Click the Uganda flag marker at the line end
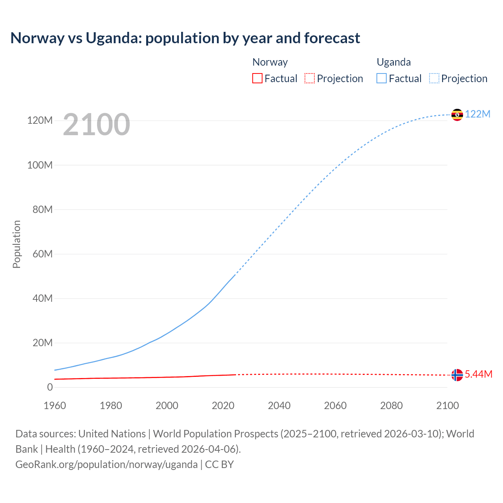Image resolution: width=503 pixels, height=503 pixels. click(457, 115)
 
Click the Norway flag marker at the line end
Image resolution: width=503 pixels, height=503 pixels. click(457, 375)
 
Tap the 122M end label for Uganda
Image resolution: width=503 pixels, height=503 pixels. click(477, 114)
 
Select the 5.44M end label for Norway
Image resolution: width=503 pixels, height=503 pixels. click(478, 374)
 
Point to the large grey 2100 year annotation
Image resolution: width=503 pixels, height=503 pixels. click(96, 125)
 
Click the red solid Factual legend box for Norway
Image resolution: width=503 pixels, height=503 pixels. click(257, 78)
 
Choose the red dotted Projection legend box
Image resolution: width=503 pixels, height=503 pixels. click(310, 78)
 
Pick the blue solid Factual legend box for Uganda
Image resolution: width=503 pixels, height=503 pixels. click(382, 78)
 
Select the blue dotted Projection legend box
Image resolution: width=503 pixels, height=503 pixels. click(434, 78)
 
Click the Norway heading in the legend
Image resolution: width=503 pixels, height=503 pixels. click(270, 62)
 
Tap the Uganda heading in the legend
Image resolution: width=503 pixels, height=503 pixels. click(394, 62)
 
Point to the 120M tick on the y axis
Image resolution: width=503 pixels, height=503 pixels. click(40, 120)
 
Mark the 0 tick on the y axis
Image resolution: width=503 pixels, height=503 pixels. click(50, 387)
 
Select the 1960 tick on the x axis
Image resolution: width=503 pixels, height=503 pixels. click(55, 406)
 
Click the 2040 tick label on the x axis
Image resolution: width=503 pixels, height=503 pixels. click(279, 406)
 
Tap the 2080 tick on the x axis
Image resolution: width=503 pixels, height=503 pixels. click(391, 406)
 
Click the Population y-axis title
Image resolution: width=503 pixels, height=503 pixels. click(17, 244)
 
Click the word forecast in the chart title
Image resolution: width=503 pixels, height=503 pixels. click(331, 38)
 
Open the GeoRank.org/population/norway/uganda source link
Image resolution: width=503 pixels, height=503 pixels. click(106, 464)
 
